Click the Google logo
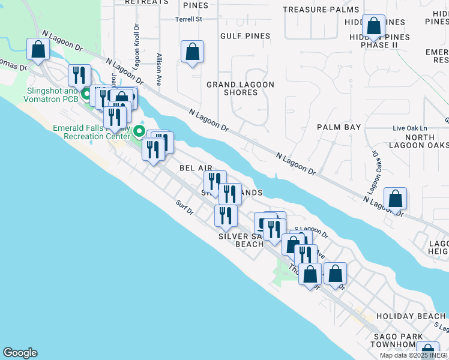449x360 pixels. (x=20, y=353)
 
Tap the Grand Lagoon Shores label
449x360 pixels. (x=240, y=88)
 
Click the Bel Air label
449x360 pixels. (x=192, y=169)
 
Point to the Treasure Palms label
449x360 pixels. (x=321, y=10)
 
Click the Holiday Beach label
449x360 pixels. (x=411, y=316)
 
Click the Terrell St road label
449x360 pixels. (x=188, y=19)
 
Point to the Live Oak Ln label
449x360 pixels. (x=409, y=128)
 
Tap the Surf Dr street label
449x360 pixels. (x=184, y=208)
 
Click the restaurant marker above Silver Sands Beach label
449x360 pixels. (x=226, y=216)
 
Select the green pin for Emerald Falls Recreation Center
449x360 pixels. (x=139, y=130)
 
